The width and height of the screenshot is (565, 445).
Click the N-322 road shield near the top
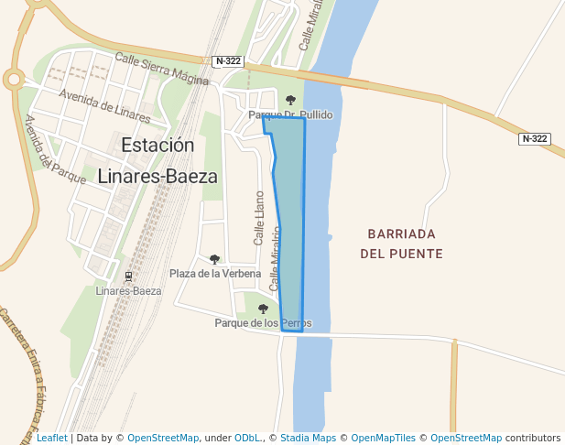pyautogui.click(x=228, y=61)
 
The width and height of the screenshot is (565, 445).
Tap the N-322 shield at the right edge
pyautogui.click(x=534, y=139)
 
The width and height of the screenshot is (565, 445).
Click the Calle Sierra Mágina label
pyautogui.click(x=162, y=69)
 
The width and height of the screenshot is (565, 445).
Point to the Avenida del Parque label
pyautogui.click(x=54, y=149)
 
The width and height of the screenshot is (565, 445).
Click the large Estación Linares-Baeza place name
pyautogui.click(x=158, y=160)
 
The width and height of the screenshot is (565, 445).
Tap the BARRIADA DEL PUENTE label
pyautogui.click(x=401, y=244)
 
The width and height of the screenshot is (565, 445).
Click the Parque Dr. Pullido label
pyautogui.click(x=290, y=115)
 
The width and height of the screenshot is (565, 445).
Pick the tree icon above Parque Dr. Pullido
pyautogui.click(x=290, y=101)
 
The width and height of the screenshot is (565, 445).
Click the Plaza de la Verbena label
pyautogui.click(x=215, y=274)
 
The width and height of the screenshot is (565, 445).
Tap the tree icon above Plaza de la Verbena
pyautogui.click(x=215, y=260)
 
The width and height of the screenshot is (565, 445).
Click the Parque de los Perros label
pyautogui.click(x=263, y=323)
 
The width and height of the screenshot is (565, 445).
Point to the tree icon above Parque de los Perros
pyautogui.click(x=263, y=309)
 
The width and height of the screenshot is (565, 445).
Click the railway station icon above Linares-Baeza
pyautogui.click(x=128, y=277)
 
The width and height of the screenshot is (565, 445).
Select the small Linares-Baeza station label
pyautogui.click(x=128, y=291)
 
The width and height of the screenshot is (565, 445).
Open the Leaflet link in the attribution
pyautogui.click(x=51, y=439)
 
